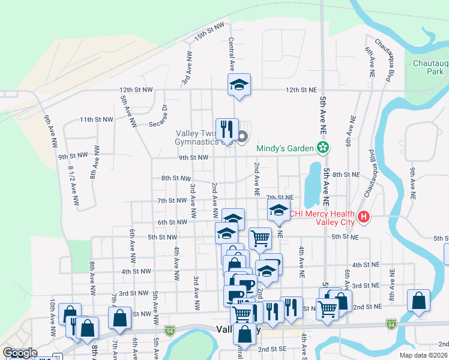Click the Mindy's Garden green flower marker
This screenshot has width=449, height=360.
(324, 148)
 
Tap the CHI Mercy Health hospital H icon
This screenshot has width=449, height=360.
(363, 217)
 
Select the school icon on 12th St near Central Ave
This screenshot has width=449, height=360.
(238, 85)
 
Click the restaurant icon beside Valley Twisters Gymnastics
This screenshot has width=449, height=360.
(226, 128)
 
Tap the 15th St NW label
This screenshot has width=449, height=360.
(209, 33)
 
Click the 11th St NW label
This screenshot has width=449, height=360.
(97, 119)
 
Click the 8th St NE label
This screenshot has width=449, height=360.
(346, 174)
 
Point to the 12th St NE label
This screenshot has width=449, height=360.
(301, 89)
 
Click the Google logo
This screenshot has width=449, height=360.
(20, 353)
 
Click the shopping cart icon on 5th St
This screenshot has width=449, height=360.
(260, 238)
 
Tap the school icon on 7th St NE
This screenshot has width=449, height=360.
(278, 211)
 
